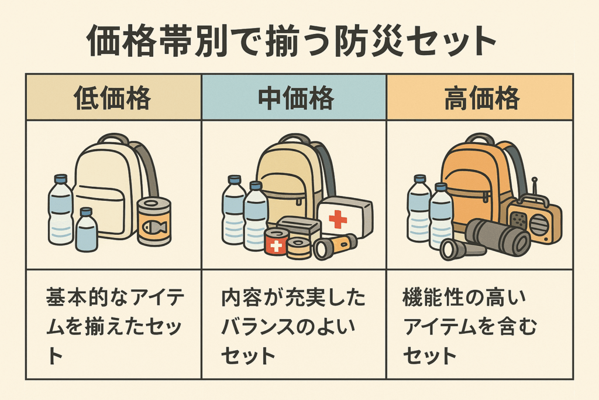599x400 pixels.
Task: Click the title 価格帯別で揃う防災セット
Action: click(x=291, y=41)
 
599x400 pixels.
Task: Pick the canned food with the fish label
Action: click(x=154, y=221)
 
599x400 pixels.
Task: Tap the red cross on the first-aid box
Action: click(x=338, y=219)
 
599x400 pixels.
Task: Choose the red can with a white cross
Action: click(x=276, y=241)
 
